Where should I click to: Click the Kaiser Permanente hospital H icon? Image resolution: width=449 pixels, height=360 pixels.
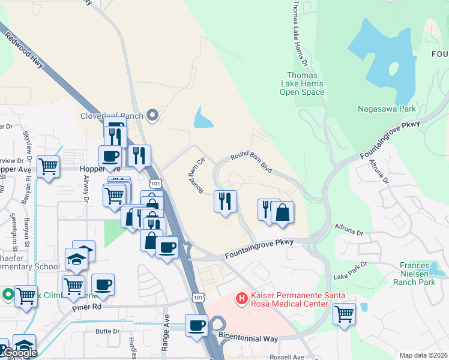[241, 298]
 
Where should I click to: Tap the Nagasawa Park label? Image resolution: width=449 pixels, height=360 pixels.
[387, 109]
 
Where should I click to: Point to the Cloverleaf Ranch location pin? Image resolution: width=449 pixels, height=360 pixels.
[152, 115]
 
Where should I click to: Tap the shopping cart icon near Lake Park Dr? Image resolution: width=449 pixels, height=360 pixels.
[344, 314]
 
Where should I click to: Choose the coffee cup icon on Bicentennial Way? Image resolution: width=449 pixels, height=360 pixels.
[196, 326]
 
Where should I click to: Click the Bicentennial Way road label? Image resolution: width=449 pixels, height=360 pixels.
[247, 337]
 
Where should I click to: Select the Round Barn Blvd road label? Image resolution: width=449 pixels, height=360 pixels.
[252, 162]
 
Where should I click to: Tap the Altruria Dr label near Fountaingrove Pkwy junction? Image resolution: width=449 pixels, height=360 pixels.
[348, 230]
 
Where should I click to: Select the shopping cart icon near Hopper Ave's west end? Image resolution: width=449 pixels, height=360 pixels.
[49, 167]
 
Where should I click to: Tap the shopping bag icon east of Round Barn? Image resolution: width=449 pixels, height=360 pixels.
[282, 212]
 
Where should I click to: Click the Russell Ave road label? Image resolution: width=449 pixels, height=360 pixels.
[287, 357]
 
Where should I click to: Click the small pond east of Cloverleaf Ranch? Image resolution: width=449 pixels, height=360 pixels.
[202, 119]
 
